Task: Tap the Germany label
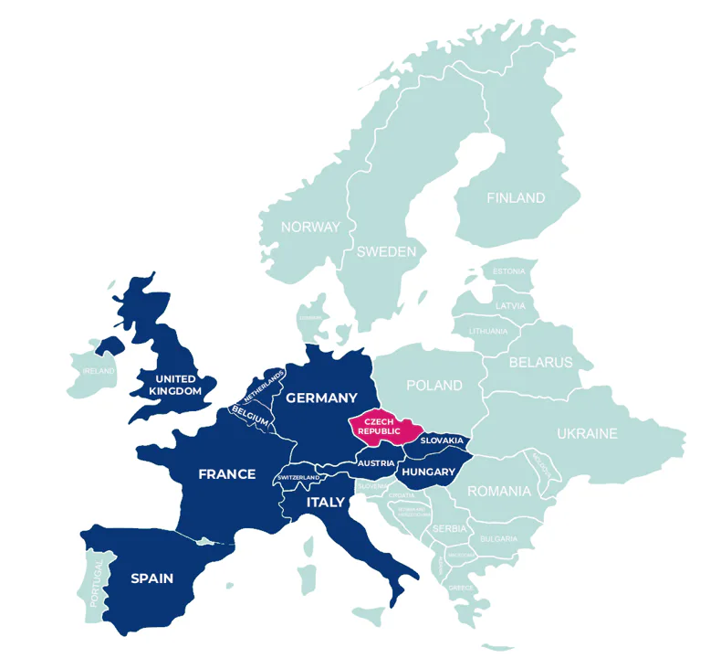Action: click(x=321, y=398)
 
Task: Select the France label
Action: click(x=227, y=474)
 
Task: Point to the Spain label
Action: click(x=152, y=578)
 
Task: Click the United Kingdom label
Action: click(x=176, y=385)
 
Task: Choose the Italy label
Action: click(x=326, y=502)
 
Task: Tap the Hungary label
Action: click(x=428, y=472)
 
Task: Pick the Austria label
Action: click(x=376, y=463)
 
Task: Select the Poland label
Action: click(x=434, y=386)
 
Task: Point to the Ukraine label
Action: click(x=588, y=433)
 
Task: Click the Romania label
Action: click(x=499, y=492)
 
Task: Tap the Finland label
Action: click(x=516, y=198)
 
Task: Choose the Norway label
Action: click(x=310, y=228)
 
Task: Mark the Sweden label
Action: click(x=386, y=251)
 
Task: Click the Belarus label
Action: click(x=541, y=362)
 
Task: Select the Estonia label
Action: click(x=509, y=271)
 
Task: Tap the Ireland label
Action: click(x=99, y=371)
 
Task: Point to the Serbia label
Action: click(x=450, y=529)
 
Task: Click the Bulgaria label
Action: click(x=498, y=539)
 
